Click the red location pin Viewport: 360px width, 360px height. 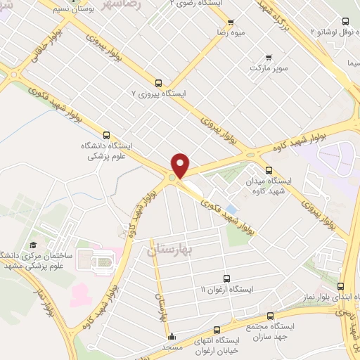pos(180,165)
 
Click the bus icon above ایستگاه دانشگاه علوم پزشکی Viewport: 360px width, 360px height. pos(107,134)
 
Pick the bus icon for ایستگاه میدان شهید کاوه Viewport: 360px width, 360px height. pos(269,169)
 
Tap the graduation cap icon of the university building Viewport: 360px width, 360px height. pos(32,245)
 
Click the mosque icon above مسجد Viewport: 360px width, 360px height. pos(172,336)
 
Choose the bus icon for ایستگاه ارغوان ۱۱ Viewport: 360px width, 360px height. pos(226,278)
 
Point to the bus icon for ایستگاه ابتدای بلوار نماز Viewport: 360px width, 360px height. pos(341,285)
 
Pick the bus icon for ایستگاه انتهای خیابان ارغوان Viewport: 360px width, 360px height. pos(217,328)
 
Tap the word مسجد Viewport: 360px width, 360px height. pos(172,348)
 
